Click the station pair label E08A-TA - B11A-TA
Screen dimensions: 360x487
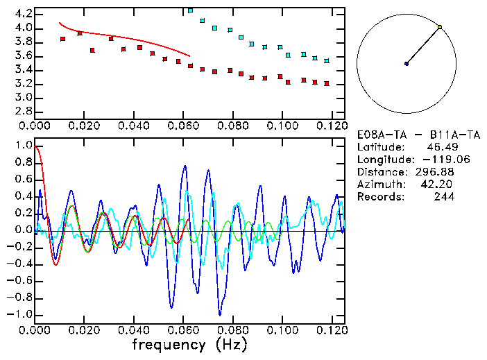409,135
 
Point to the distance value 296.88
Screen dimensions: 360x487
436,172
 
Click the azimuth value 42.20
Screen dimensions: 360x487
440,185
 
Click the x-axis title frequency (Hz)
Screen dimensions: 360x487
189,344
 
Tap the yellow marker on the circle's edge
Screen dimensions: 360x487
440,27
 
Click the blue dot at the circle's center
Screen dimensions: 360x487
407,64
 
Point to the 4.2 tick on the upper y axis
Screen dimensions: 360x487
23,14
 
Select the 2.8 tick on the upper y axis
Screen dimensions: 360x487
23,111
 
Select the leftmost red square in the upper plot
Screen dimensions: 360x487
62,39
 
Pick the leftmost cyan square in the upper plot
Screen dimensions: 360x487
190,11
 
